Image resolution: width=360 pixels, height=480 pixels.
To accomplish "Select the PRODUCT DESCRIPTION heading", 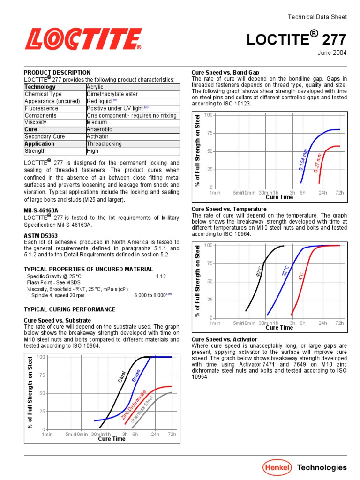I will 57,73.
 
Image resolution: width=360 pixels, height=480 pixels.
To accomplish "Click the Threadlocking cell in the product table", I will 104,144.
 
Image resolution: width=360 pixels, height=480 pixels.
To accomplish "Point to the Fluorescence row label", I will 41,108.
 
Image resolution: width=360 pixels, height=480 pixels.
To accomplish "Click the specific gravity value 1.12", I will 161,276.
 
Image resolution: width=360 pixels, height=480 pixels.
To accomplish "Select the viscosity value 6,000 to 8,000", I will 150,296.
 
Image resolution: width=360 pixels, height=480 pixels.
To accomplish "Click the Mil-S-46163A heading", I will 41,211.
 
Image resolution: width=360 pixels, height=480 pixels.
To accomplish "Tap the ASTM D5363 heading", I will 41,235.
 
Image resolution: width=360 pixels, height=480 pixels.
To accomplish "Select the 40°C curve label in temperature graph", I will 259,270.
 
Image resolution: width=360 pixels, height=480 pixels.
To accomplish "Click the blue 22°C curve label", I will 285,270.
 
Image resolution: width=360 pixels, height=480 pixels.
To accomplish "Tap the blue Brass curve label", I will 136,375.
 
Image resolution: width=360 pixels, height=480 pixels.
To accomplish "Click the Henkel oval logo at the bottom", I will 277,467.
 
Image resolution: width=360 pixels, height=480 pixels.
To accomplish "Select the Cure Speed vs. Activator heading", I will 224,339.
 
